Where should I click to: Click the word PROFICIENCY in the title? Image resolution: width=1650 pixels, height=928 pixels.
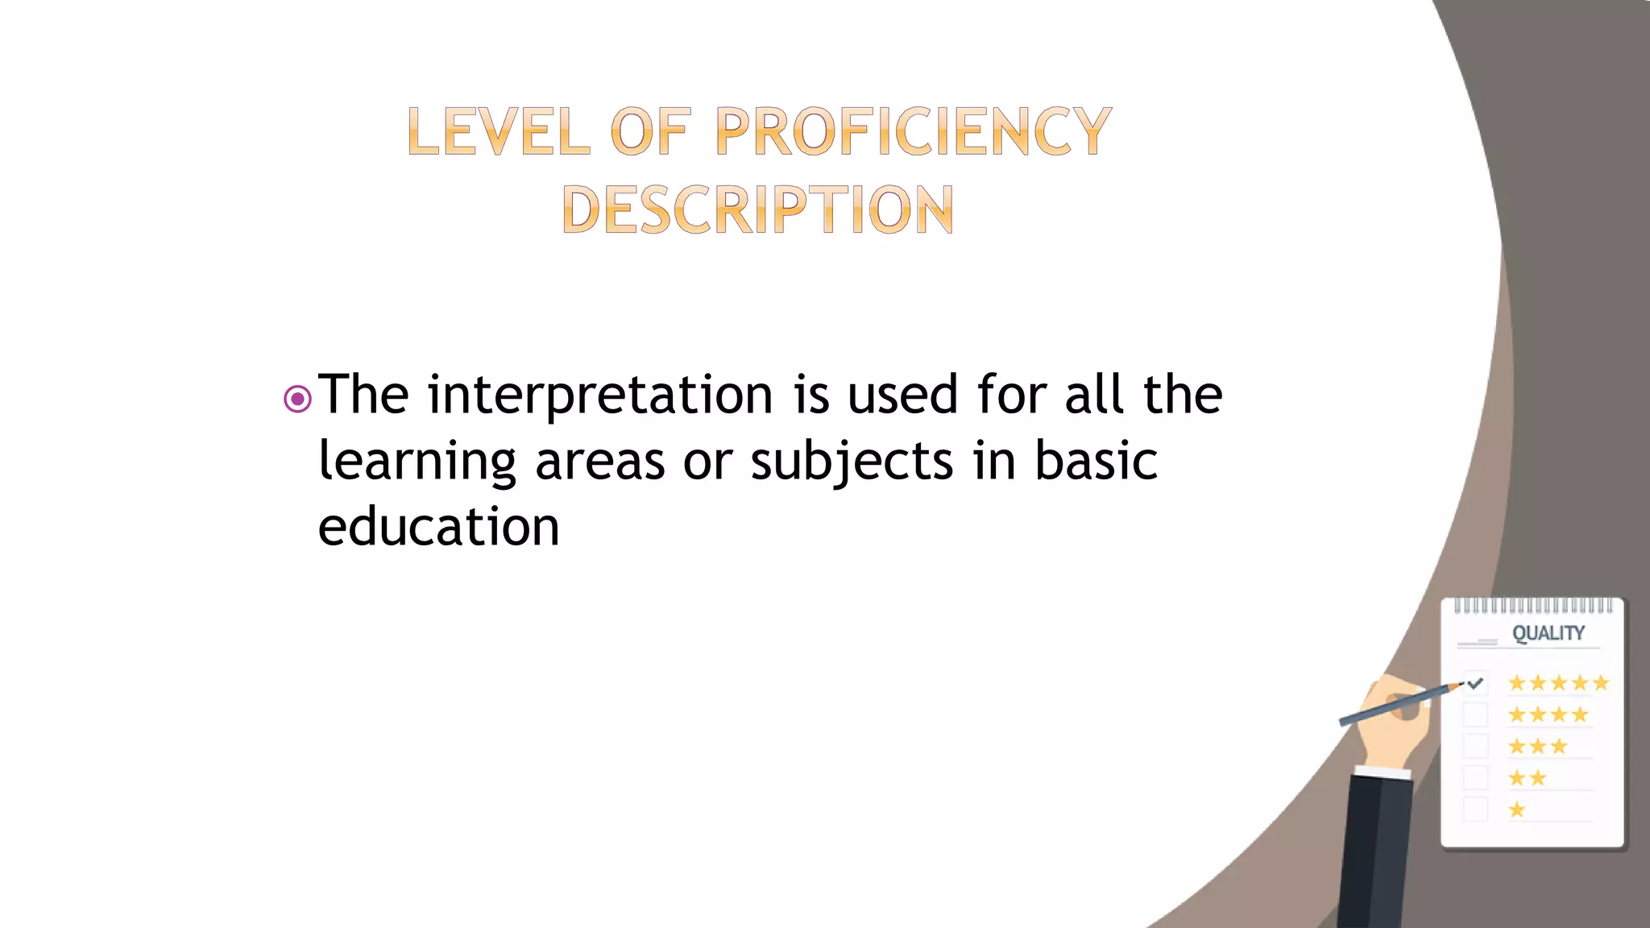(x=913, y=131)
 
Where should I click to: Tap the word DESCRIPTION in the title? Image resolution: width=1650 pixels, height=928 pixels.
(x=757, y=209)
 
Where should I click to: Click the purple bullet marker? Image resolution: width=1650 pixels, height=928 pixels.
(x=297, y=399)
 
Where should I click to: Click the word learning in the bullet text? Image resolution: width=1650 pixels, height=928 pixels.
(x=417, y=462)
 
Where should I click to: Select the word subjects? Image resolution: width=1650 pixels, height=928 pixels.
(x=852, y=462)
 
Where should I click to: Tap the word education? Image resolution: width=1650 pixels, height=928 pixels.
(x=438, y=528)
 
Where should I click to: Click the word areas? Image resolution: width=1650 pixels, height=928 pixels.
(x=599, y=462)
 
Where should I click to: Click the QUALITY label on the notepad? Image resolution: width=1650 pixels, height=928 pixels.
(x=1548, y=633)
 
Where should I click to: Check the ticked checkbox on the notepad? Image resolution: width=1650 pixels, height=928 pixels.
(x=1475, y=683)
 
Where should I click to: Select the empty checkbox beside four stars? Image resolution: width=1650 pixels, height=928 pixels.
(x=1475, y=715)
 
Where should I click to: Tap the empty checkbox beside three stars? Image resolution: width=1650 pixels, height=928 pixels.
(x=1475, y=746)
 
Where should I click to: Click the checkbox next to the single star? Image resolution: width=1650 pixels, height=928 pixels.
(x=1475, y=809)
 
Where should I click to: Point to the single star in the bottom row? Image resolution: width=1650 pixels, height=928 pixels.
(x=1517, y=810)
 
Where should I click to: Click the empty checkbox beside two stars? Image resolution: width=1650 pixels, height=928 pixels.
(x=1475, y=777)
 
